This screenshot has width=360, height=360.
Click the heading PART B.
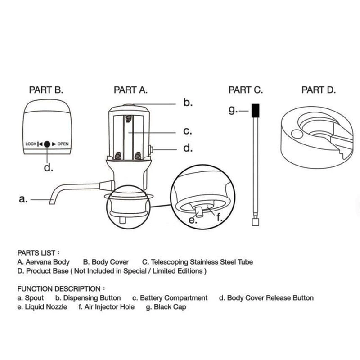coord(46,90)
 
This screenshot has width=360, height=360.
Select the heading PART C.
coord(246,90)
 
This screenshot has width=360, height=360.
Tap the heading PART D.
coord(319,90)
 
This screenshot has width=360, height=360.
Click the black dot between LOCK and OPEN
coord(47,144)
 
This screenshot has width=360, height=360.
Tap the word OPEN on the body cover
coord(63,144)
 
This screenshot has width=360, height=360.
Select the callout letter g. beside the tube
coord(233,110)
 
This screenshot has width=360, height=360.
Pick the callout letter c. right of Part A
coord(188,131)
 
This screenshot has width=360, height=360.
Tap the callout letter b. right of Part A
coord(188,103)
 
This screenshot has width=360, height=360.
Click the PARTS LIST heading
coord(38,252)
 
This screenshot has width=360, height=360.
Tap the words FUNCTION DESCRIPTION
coord(58,288)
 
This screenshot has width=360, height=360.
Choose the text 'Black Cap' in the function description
coord(170,307)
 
